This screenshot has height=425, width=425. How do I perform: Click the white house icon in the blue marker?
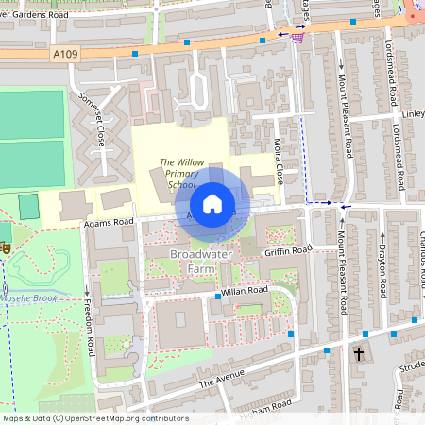coord(212,204)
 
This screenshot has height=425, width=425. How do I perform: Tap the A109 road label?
coord(64,56)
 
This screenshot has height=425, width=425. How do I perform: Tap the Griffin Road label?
coord(287,251)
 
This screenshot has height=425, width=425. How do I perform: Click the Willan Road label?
coord(245,291)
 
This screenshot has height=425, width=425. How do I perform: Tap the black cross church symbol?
coord(358,354)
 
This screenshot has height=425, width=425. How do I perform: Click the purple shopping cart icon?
coord(299,37)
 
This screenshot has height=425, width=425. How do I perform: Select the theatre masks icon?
coord(4,246)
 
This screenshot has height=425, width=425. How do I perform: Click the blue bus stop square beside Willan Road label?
coord(218,297)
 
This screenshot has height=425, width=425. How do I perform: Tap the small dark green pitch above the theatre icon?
coord(28,204)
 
